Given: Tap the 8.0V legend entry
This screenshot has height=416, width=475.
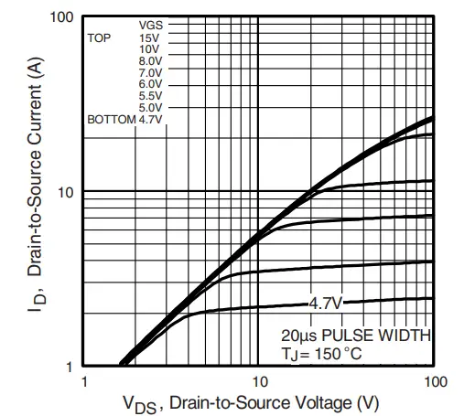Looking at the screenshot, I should tap(150, 60).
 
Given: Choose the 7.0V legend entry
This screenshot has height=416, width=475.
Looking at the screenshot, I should tap(150, 72).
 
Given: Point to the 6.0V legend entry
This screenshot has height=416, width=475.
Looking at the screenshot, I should tap(150, 84).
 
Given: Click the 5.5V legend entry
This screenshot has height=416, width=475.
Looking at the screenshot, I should tap(150, 96).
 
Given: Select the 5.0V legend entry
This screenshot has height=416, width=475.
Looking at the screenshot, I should tap(150, 108).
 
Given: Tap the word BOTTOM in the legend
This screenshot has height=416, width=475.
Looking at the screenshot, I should tap(111, 120).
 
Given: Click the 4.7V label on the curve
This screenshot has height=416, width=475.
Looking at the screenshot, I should tap(325, 302).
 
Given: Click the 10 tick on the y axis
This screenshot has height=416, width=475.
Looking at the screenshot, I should tap(65, 192).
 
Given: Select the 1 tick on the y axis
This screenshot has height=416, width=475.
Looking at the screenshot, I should tap(70, 366).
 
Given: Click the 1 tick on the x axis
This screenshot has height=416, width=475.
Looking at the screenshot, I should tap(84, 380).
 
